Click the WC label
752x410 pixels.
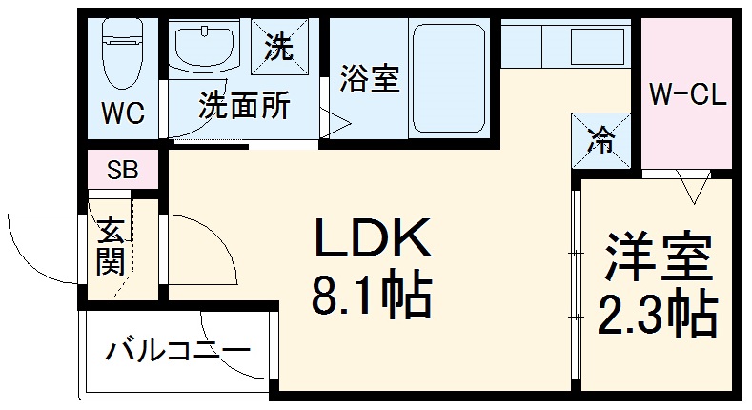[x=123, y=114]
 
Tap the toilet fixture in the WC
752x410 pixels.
[x=122, y=52]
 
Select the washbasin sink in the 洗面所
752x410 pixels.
[x=205, y=48]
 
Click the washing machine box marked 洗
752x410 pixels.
[x=278, y=46]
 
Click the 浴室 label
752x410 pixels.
[x=368, y=80]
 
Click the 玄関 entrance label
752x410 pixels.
[x=110, y=245]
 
